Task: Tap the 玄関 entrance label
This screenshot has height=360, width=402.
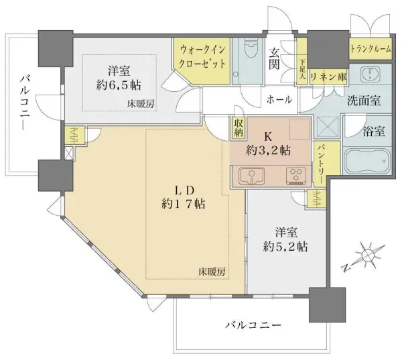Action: tap(275, 59)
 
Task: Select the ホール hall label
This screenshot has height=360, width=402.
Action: tap(279, 99)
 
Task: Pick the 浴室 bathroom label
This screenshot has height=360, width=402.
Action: tap(374, 130)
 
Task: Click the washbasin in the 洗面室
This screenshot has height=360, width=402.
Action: tap(370, 74)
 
